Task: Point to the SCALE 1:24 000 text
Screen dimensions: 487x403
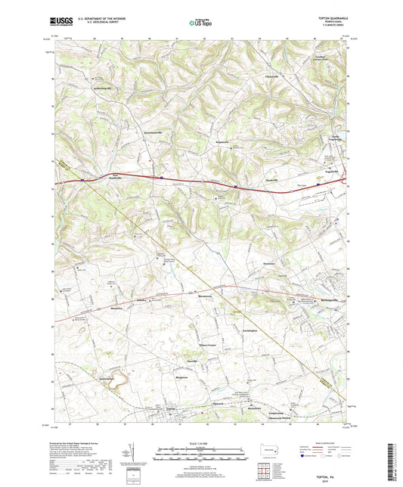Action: [x=200, y=445]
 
